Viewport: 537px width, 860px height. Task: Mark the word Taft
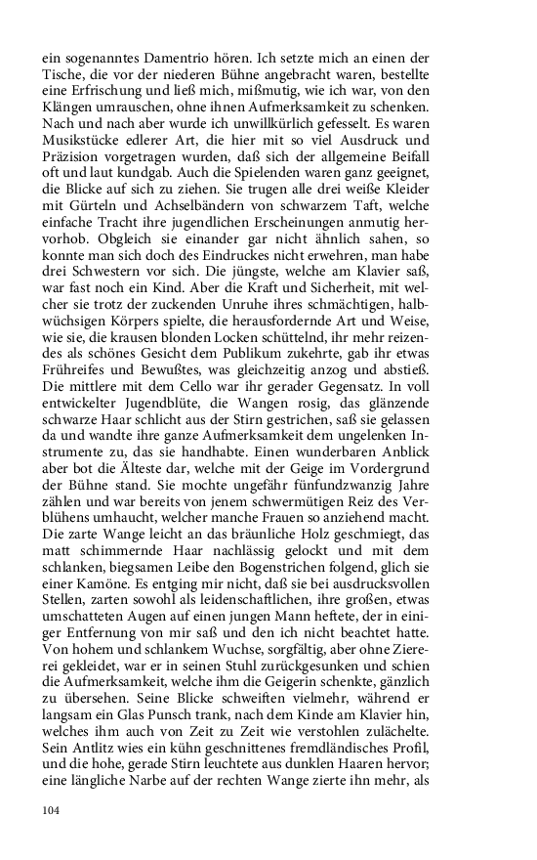tap(399, 219)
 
